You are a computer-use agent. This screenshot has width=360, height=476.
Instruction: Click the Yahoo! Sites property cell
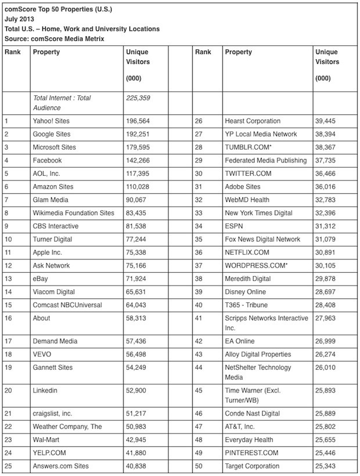coord(52,121)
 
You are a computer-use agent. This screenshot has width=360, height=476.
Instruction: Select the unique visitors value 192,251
coord(138,134)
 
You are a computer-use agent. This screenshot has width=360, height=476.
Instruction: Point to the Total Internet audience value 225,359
coord(138,98)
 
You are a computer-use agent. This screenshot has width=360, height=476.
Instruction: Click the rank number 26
coord(199,121)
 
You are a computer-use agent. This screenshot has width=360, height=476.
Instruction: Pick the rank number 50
coord(199,466)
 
